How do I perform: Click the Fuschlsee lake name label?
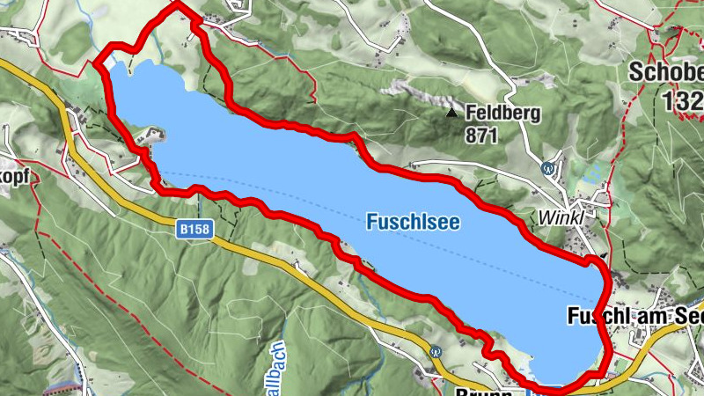coord(413,224)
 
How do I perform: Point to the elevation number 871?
coord(483,136)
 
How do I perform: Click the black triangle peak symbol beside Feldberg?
coord(451,113)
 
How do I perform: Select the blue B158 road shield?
coord(194,229)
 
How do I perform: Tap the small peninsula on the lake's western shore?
coord(150,136)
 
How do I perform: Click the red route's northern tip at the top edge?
coord(176,4)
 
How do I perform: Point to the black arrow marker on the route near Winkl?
coord(603,258)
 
